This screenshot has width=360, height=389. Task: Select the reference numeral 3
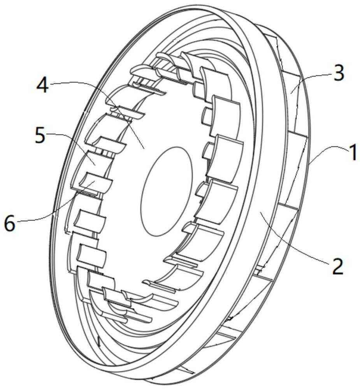tap(339, 73)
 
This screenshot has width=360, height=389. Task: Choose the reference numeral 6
tap(10, 224)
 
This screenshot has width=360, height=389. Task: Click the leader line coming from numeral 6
tap(60, 206)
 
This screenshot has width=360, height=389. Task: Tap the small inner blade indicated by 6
tap(96, 183)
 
